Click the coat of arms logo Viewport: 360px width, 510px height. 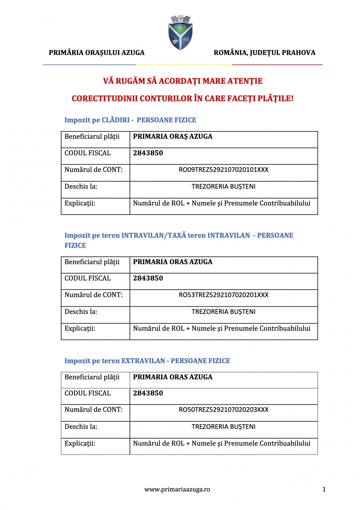pos(180,32)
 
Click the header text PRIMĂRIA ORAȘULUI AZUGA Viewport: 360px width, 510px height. pos(96,52)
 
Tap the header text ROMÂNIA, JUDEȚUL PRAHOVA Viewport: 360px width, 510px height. pos(264,52)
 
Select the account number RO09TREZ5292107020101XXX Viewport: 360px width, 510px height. pos(223,170)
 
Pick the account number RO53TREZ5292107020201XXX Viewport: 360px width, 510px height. pos(223,295)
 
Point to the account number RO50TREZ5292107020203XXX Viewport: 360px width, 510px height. pos(223,410)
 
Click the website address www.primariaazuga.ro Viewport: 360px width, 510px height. pos(177,490)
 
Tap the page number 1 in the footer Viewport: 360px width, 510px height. pos(324,490)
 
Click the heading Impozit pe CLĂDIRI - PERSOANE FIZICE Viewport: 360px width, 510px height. pos(130,120)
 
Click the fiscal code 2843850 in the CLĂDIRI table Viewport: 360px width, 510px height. pos(148,153)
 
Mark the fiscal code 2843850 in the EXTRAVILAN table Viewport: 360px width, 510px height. pos(148,393)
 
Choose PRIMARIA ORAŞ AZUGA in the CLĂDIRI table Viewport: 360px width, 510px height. pos(173,137)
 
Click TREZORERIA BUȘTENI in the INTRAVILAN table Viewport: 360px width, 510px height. pos(223,312)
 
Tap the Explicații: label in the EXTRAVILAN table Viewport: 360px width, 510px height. pos(80,443)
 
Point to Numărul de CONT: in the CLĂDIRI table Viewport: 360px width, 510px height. pos(94,170)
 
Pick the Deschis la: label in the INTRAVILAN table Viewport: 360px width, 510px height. pos(81,312)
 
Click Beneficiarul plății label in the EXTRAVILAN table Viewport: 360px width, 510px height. pos(92,377)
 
